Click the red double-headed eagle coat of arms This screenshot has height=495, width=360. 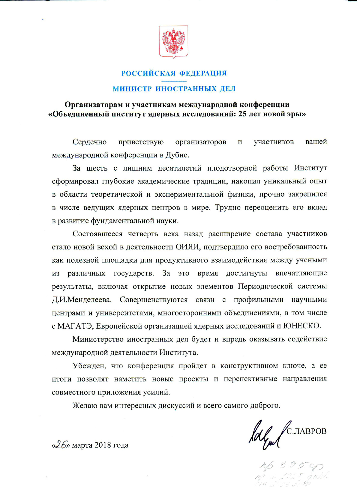click(x=173, y=42)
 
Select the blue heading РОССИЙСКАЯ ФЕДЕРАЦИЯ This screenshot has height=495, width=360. click(x=174, y=73)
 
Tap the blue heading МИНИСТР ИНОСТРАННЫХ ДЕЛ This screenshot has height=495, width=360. click(x=174, y=89)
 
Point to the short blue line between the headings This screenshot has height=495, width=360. click(x=174, y=81)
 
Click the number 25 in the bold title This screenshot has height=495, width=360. click(x=242, y=114)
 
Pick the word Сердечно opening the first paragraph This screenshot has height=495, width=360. click(x=90, y=142)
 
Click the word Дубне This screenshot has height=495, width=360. click(x=178, y=155)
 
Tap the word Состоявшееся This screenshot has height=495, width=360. click(x=97, y=234)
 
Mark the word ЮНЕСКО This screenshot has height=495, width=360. click(x=302, y=326)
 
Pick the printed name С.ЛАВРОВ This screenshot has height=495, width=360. click(x=307, y=431)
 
